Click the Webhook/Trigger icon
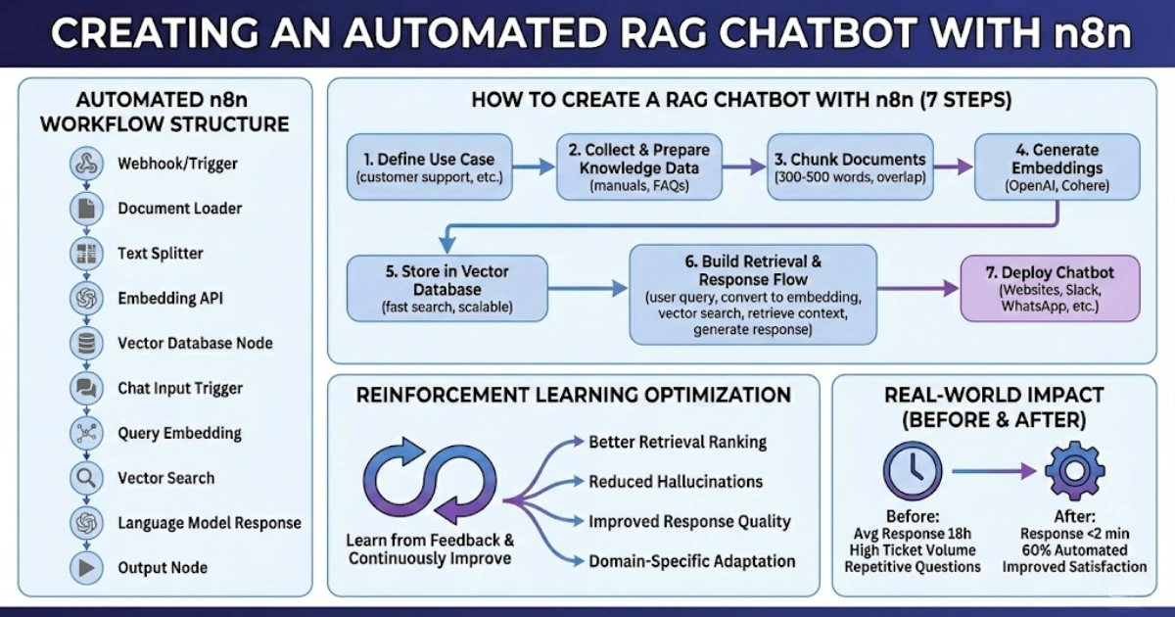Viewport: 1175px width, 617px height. click(x=85, y=164)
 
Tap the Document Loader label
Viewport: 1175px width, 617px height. click(x=179, y=209)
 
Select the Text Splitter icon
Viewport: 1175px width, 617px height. click(x=85, y=254)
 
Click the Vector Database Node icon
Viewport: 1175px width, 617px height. click(x=85, y=344)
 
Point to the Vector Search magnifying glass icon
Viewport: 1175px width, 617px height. click(x=85, y=478)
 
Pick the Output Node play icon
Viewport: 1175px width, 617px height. click(x=85, y=568)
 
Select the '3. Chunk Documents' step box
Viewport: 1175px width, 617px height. click(x=849, y=167)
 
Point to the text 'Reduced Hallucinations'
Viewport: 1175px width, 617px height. click(x=675, y=482)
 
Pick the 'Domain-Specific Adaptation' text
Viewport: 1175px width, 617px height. click(x=691, y=562)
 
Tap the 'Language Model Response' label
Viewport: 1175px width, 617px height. click(x=209, y=523)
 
